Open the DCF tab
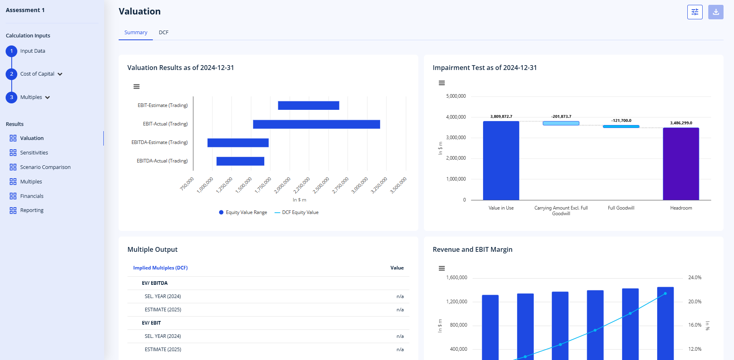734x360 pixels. tap(163, 33)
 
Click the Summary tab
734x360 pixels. tap(136, 33)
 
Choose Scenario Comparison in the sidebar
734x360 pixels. tap(45, 167)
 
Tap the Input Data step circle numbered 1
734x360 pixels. tap(12, 51)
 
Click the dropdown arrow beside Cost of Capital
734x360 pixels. tap(60, 74)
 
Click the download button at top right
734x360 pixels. tap(716, 12)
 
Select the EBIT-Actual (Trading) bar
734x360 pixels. tap(317, 124)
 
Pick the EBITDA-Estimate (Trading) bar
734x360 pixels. tap(238, 143)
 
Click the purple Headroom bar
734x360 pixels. tap(681, 164)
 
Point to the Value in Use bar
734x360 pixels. tap(501, 160)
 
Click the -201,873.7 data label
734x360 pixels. tap(561, 117)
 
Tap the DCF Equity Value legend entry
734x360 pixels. tap(296, 212)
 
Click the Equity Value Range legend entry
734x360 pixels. tap(243, 212)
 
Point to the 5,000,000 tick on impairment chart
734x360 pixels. tap(456, 97)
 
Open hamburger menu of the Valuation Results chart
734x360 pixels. tap(137, 86)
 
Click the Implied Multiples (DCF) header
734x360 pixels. tap(160, 268)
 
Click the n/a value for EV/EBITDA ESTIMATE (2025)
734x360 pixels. tap(400, 310)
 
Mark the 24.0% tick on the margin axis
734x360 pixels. tap(695, 278)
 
